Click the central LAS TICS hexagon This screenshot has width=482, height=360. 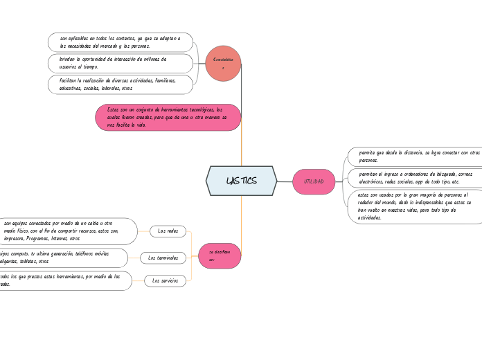coord(241,181)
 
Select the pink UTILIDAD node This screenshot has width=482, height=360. coord(314,181)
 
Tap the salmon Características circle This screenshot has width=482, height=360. coord(223,64)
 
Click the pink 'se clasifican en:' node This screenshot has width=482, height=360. coord(220,255)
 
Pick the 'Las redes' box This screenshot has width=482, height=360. coord(168,231)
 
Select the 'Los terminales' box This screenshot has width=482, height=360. coord(163,258)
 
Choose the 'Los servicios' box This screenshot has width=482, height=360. coord(165,280)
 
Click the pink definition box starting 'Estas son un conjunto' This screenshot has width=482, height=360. coord(168,117)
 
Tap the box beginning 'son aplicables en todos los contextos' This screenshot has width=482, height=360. coord(120,42)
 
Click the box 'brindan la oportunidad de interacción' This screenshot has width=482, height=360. coord(120,63)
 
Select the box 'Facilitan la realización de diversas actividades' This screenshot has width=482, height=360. coord(120,84)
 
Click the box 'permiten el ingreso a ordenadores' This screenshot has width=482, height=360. coord(414,178)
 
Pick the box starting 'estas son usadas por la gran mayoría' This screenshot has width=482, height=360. coord(414,206)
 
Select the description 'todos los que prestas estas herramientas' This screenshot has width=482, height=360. coord(62,280)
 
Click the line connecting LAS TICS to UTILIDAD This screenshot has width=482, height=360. coord(285,181)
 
